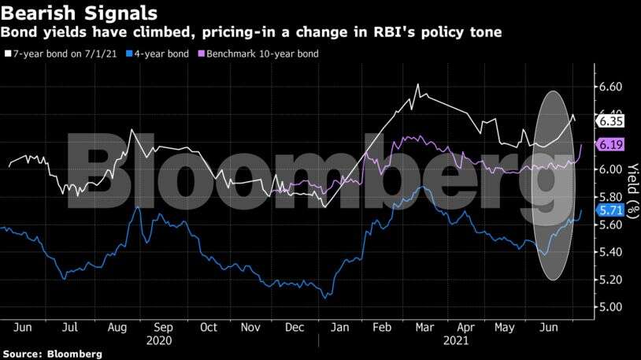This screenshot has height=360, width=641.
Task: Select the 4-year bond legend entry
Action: [156, 54]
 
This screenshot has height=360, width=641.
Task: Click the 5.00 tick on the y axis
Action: [610, 307]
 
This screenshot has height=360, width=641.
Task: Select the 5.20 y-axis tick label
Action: [610, 280]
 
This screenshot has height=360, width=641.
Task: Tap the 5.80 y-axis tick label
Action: [610, 197]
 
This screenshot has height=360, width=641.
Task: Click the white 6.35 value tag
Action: [611, 121]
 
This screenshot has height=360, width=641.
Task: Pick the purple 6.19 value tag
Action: [611, 144]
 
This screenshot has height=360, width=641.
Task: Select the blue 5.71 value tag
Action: [611, 211]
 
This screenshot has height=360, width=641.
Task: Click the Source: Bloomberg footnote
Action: [51, 354]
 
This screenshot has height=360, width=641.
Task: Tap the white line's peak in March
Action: [417, 83]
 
